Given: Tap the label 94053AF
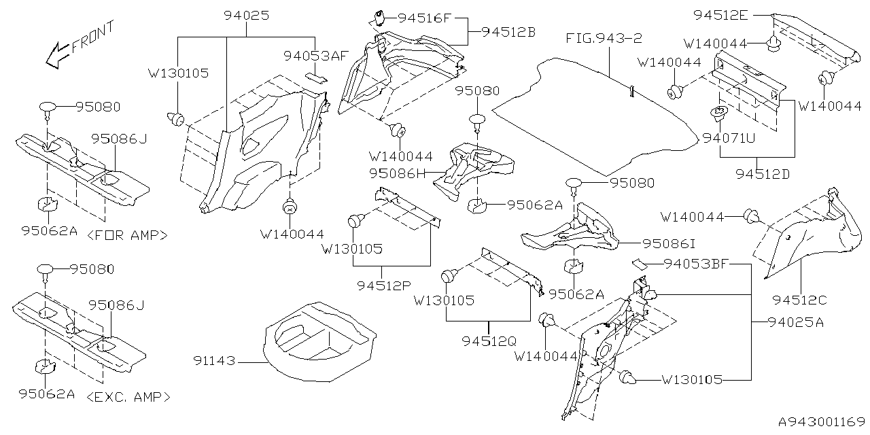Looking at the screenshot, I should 316,56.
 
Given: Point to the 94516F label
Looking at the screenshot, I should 425,18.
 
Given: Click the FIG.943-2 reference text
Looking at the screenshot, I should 604,38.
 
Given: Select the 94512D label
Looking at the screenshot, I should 763,174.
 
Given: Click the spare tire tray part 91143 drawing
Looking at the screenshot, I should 319,340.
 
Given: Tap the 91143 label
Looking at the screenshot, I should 213,362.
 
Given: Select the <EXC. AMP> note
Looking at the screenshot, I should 129,396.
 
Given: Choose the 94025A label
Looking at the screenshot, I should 796,322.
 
